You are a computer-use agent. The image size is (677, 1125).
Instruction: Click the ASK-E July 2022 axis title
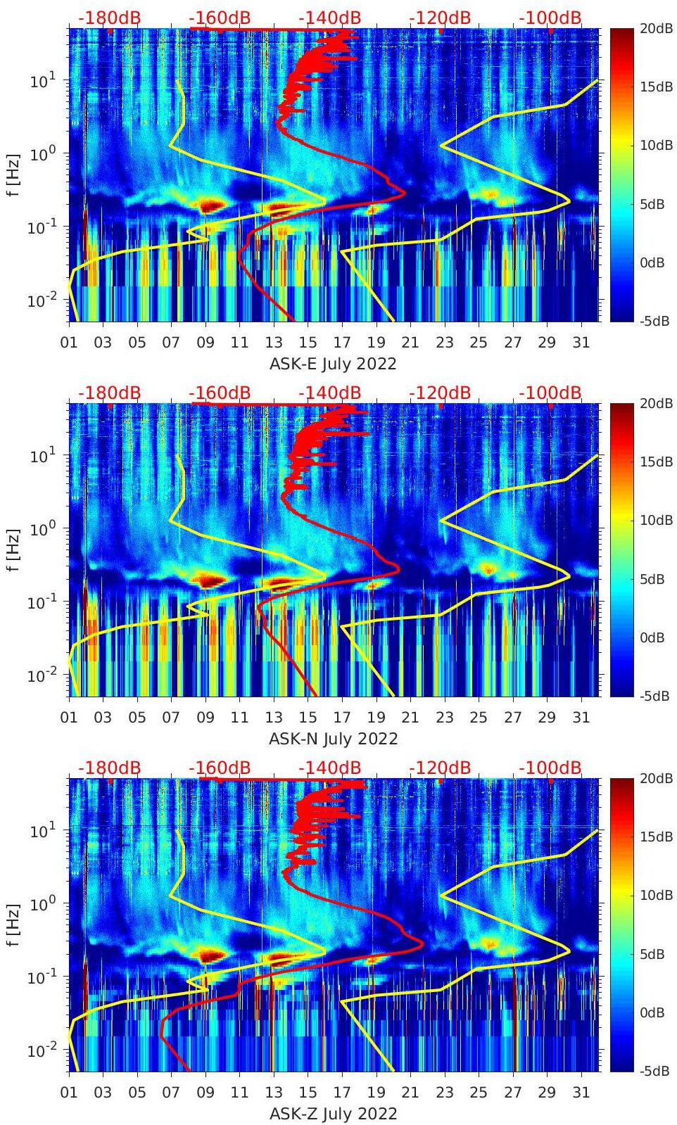pyautogui.click(x=333, y=364)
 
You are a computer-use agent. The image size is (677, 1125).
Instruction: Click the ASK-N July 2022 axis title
pyautogui.click(x=333, y=739)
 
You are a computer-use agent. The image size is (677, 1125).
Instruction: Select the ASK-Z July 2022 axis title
pyautogui.click(x=333, y=1114)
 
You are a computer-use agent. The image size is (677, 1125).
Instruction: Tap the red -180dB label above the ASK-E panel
pyautogui.click(x=109, y=18)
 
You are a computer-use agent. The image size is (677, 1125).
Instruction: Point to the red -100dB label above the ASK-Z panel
pyautogui.click(x=550, y=768)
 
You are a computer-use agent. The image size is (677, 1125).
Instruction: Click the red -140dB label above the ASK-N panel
pyautogui.click(x=329, y=393)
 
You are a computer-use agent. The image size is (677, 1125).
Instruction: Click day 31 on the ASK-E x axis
pyautogui.click(x=581, y=343)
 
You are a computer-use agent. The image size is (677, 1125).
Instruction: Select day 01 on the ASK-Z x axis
pyautogui.click(x=69, y=1093)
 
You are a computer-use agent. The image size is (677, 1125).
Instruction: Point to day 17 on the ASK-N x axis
pyautogui.click(x=342, y=718)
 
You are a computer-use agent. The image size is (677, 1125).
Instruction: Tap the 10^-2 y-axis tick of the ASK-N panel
pyautogui.click(x=41, y=675)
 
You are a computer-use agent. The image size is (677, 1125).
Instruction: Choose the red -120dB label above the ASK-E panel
pyautogui.click(x=440, y=18)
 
